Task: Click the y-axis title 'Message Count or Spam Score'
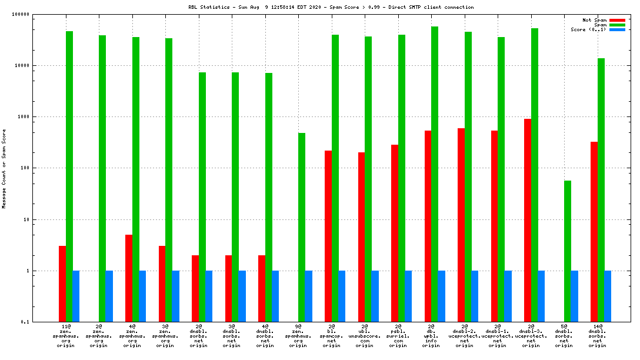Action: (x=4, y=168)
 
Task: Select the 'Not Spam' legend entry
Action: (x=594, y=20)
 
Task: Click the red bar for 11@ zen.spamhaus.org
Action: (x=62, y=284)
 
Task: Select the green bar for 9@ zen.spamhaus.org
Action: (x=302, y=228)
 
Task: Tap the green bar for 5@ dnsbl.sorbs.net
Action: (x=568, y=251)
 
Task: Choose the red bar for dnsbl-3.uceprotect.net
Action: (x=528, y=221)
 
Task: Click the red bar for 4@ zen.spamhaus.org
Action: (x=129, y=278)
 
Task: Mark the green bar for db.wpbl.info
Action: (x=435, y=174)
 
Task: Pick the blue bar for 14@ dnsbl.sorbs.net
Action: (x=608, y=296)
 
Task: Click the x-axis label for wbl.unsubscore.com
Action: (x=365, y=335)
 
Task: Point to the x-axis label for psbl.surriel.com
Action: (x=398, y=335)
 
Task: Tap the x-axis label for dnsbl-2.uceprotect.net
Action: (x=465, y=335)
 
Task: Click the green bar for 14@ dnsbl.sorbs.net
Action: (x=601, y=190)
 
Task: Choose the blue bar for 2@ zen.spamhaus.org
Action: (x=109, y=296)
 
